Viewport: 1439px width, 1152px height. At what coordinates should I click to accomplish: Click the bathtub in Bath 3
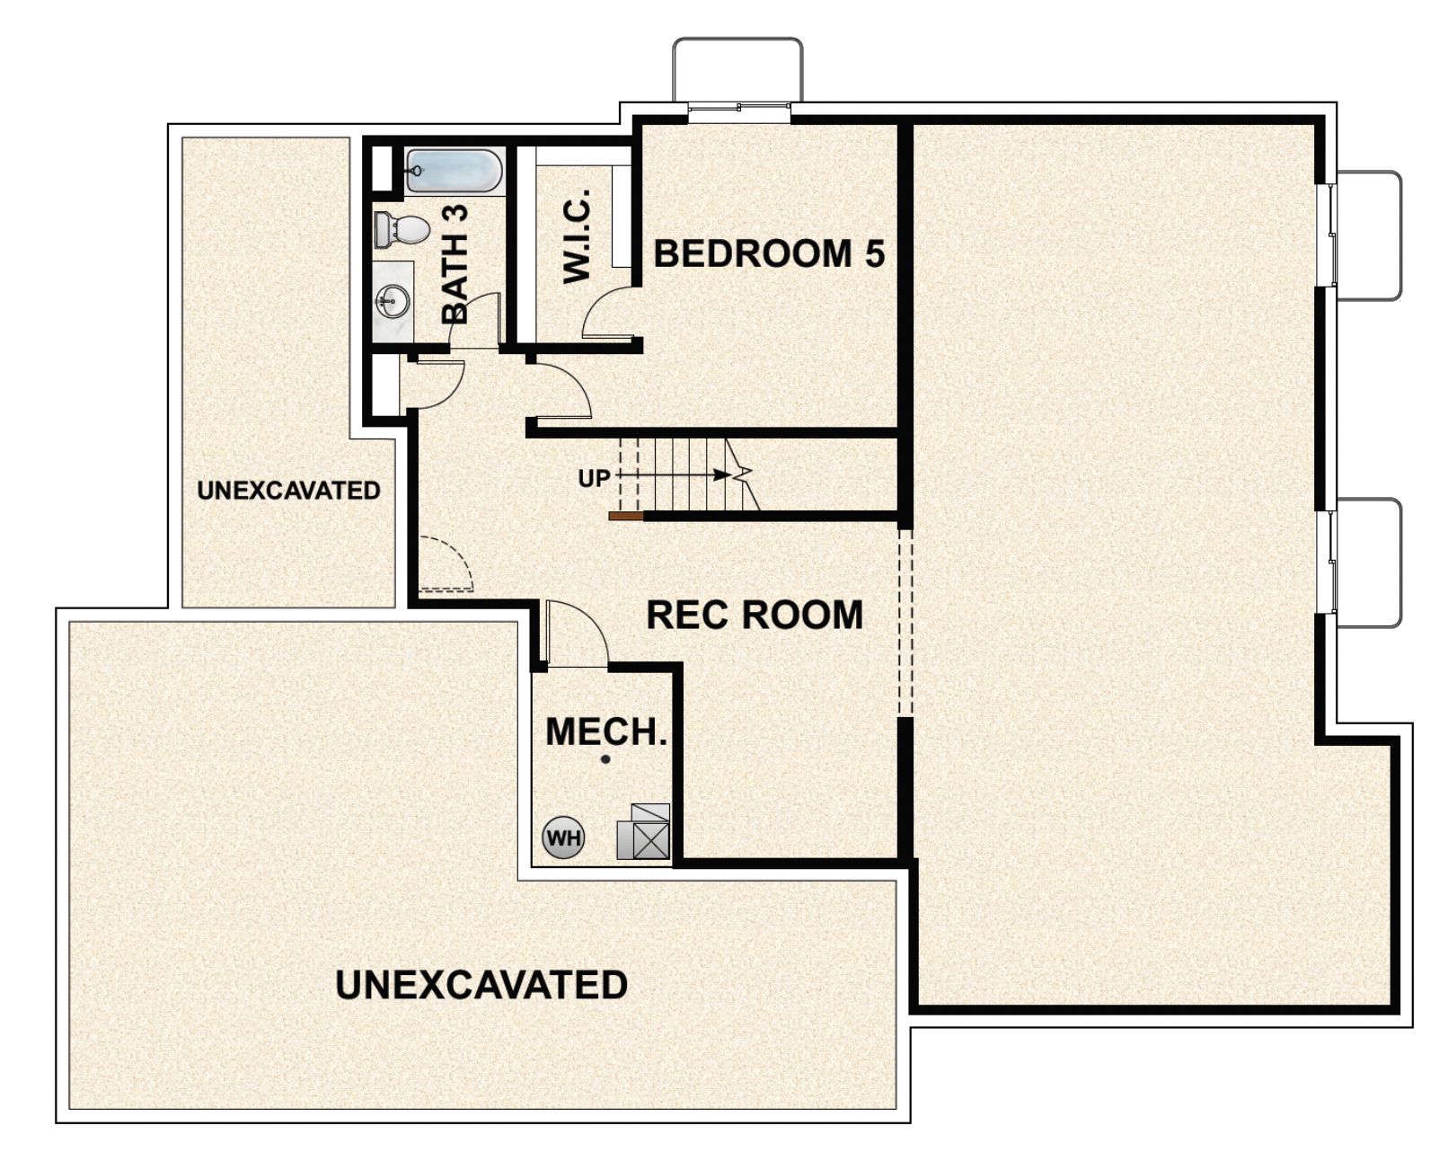[454, 171]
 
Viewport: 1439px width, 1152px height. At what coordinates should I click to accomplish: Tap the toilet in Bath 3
[402, 229]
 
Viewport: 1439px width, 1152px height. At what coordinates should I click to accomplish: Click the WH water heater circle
[563, 838]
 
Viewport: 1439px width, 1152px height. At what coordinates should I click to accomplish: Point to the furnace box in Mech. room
[643, 832]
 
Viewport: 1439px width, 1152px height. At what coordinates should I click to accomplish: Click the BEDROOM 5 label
[769, 253]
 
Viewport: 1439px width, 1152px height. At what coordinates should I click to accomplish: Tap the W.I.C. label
[577, 235]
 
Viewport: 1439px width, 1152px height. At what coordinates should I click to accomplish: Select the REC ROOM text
[755, 616]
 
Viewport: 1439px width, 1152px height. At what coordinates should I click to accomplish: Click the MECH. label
[606, 731]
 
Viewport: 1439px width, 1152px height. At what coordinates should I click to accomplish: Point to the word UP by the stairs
[594, 479]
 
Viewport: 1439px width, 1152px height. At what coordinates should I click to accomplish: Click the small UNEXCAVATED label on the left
[288, 491]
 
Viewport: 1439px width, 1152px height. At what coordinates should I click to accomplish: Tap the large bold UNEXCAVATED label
[481, 985]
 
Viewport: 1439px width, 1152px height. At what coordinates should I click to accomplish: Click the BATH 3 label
[455, 264]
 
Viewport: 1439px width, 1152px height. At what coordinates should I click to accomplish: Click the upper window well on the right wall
[1367, 235]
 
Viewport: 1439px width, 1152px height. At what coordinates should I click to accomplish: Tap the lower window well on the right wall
[1367, 563]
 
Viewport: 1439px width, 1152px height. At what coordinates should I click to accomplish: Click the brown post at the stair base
[625, 517]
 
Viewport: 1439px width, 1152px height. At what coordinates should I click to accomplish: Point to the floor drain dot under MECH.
[605, 759]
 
